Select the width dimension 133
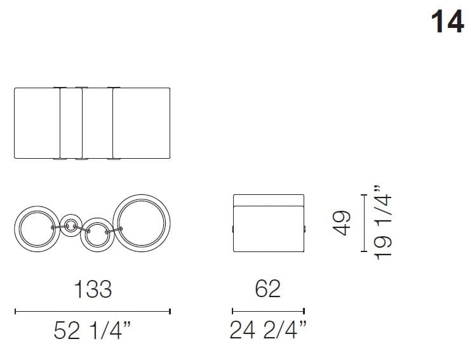(x=92, y=289)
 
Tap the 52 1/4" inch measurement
(x=92, y=331)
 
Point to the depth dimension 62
(x=267, y=289)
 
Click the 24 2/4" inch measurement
(x=267, y=331)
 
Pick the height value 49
(x=344, y=224)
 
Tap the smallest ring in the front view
(x=71, y=223)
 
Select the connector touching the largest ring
(x=116, y=229)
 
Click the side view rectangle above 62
(x=268, y=223)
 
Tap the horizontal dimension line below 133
(x=92, y=311)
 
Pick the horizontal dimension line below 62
(x=268, y=311)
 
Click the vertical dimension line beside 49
(x=363, y=224)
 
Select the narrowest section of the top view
(x=71, y=123)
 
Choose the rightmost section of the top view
(x=142, y=123)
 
